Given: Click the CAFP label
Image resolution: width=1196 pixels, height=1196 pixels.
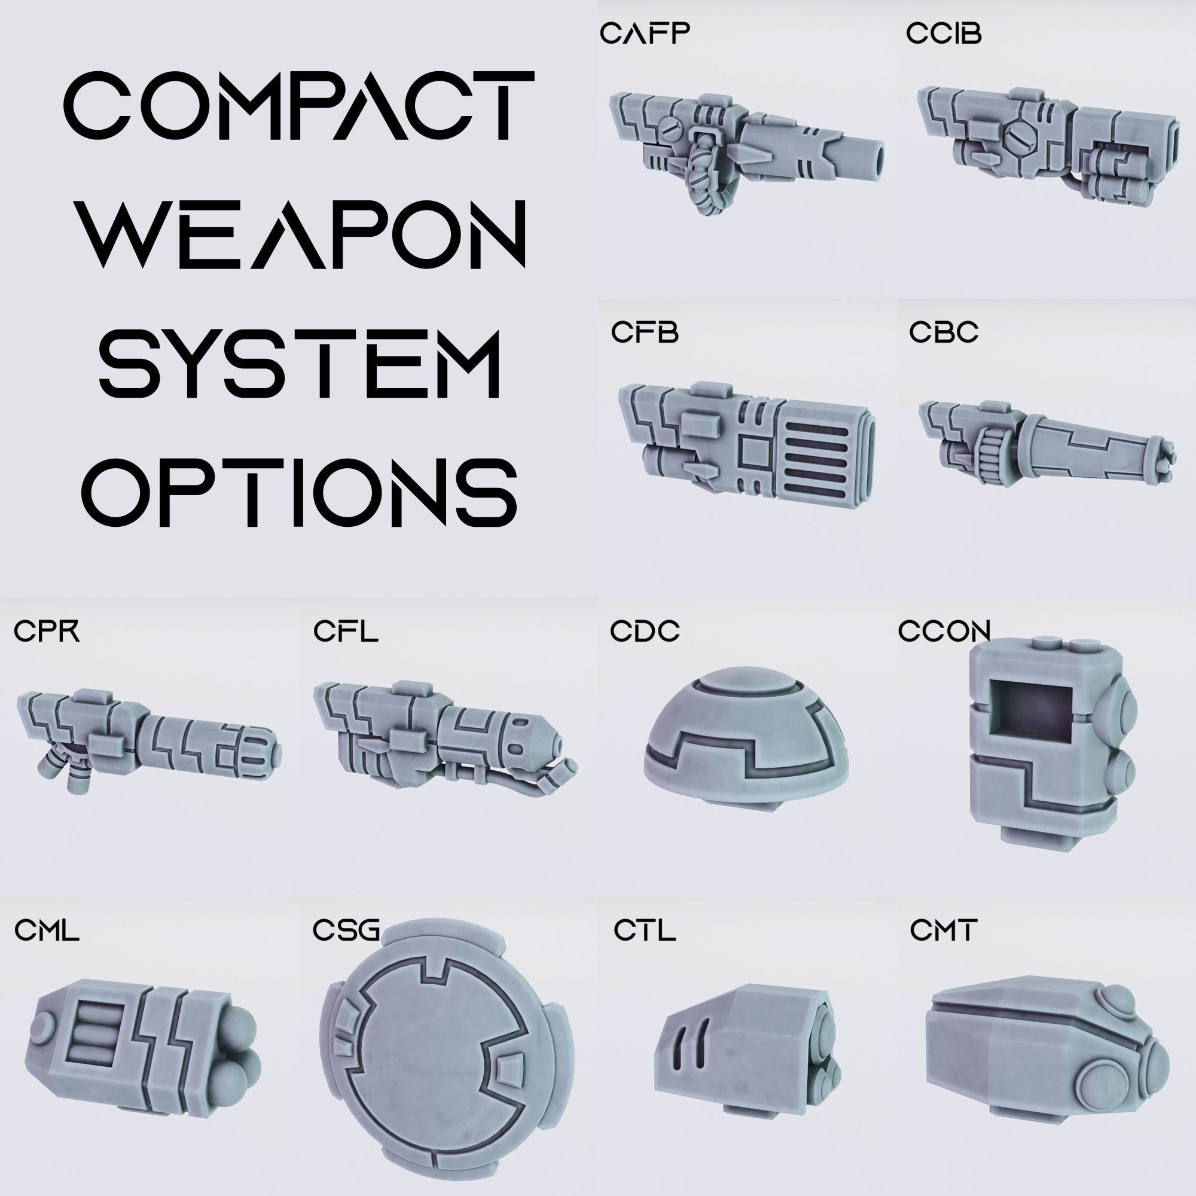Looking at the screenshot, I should pos(644,34).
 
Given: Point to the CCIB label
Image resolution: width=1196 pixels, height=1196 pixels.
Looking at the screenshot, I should pos(944,34).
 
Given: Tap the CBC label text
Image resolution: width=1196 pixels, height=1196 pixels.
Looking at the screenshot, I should pos(944,332).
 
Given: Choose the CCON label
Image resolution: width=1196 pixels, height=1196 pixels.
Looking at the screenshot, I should pos(944,631).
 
